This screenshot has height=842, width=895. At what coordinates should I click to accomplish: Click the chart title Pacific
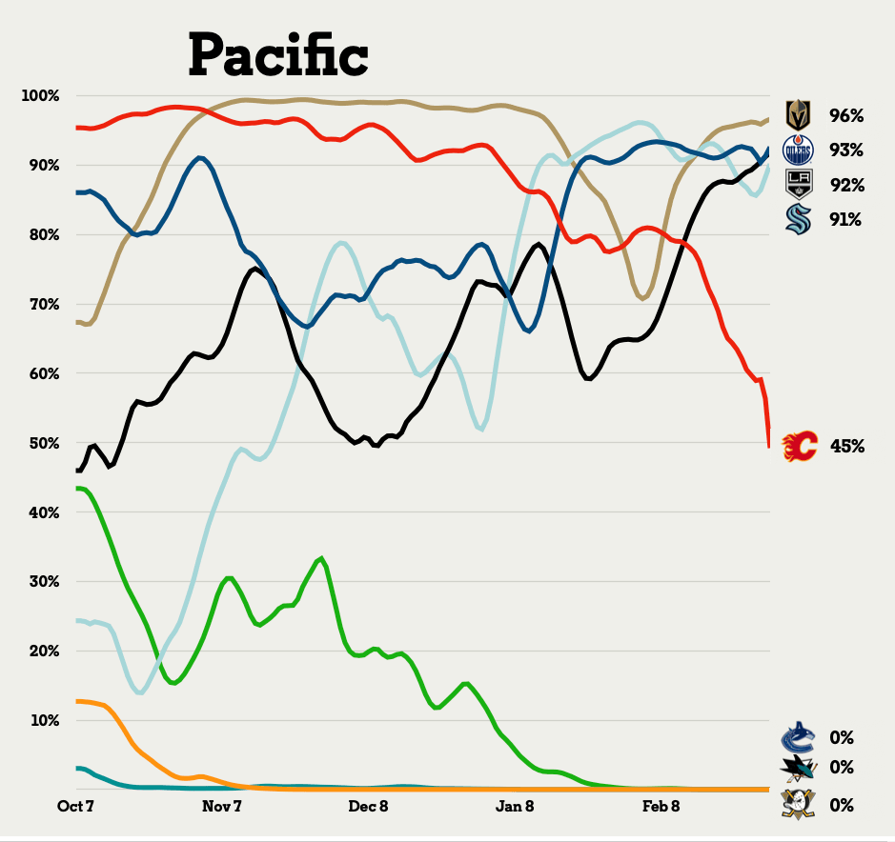click(x=277, y=54)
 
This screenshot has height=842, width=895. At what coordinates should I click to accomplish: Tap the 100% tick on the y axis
click(x=41, y=95)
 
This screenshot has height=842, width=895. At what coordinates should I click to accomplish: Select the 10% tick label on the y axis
click(x=45, y=720)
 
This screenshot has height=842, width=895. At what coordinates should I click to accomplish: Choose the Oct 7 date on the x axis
click(x=77, y=806)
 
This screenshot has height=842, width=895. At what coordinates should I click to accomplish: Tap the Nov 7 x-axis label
click(x=222, y=806)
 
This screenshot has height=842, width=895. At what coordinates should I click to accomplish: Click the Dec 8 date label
click(x=369, y=806)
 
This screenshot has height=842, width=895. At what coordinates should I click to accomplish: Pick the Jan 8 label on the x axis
click(x=515, y=806)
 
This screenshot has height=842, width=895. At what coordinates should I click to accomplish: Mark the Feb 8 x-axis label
click(x=661, y=806)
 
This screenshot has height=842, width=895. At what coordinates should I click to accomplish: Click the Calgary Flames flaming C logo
click(x=800, y=445)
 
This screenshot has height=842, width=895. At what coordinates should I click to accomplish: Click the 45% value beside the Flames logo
click(x=847, y=445)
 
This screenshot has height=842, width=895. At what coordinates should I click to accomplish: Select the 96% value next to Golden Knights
click(x=846, y=115)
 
